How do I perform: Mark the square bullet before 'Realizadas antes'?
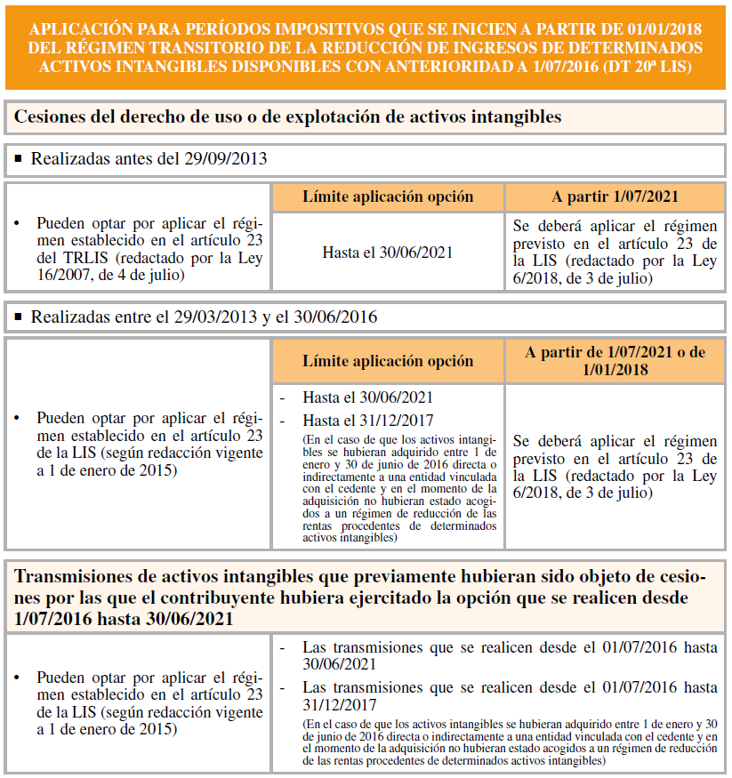[x=19, y=159]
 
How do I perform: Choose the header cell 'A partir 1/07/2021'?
[x=615, y=197]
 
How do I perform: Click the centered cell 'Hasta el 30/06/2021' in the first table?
[x=388, y=253]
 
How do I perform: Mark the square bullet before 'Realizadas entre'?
[x=19, y=317]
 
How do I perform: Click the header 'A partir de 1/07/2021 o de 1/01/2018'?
[x=615, y=360]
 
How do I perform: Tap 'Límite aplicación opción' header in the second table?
[x=388, y=361]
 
